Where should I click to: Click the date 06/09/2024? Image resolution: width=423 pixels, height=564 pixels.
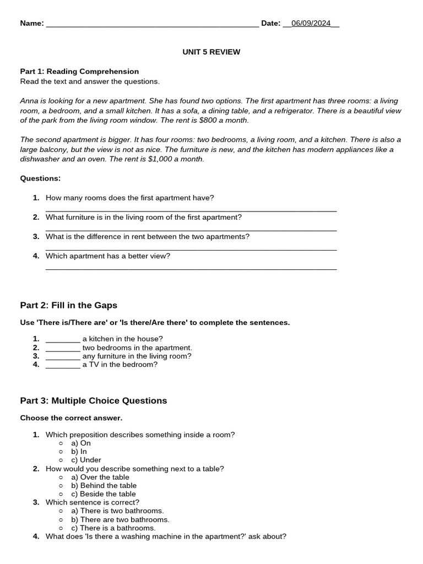click(311, 23)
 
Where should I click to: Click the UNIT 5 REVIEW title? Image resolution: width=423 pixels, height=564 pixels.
click(211, 52)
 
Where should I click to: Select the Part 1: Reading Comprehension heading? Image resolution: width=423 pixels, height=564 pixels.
click(79, 71)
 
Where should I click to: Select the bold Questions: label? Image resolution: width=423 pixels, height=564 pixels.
click(40, 178)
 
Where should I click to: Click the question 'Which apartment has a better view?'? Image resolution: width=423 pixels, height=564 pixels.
click(107, 256)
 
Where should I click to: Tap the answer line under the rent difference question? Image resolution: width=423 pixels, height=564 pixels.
click(191, 250)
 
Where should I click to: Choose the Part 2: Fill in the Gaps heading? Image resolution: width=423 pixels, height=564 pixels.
click(68, 305)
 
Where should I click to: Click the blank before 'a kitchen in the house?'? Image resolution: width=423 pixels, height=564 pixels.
click(63, 339)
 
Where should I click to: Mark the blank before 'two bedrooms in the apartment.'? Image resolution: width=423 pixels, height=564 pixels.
click(63, 348)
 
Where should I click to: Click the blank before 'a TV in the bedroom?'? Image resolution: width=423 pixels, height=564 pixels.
click(63, 365)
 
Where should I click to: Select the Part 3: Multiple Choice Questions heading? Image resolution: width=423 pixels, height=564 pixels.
click(93, 400)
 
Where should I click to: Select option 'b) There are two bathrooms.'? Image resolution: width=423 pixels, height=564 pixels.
click(120, 519)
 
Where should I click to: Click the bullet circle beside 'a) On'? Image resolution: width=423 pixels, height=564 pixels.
click(61, 443)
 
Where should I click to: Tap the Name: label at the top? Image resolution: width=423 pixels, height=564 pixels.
click(32, 23)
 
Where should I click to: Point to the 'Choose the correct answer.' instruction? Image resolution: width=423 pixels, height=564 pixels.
click(71, 417)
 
